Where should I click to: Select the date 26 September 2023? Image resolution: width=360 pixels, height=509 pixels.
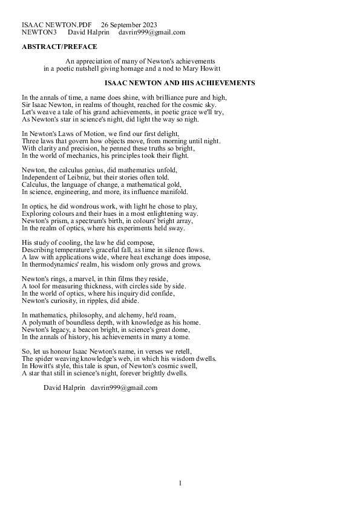(129, 25)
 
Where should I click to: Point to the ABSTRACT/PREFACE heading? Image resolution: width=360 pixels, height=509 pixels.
(59, 47)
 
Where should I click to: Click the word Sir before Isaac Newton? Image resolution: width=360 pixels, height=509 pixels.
(27, 105)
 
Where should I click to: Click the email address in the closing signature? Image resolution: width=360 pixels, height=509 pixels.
(124, 387)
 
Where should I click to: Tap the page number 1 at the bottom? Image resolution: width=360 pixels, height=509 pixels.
(180, 483)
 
